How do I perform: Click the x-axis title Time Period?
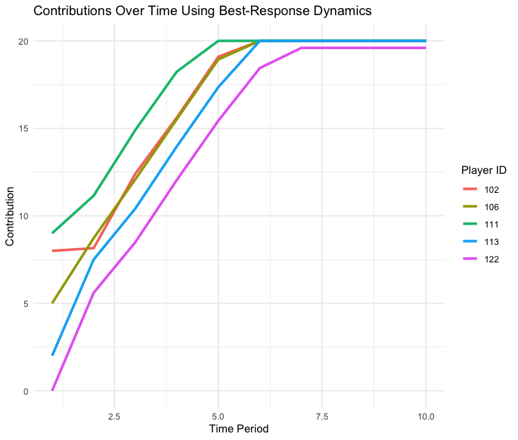[x=238, y=429]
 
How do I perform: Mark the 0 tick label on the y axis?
[x=25, y=391]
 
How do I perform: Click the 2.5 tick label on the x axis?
[x=114, y=416]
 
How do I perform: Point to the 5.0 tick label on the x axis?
[x=218, y=416]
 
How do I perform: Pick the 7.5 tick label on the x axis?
[x=322, y=416]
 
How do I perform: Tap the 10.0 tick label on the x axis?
[x=426, y=416]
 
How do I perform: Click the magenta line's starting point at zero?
[x=52, y=390]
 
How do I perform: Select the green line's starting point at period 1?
[x=52, y=233]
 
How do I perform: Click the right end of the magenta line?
[x=426, y=48]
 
